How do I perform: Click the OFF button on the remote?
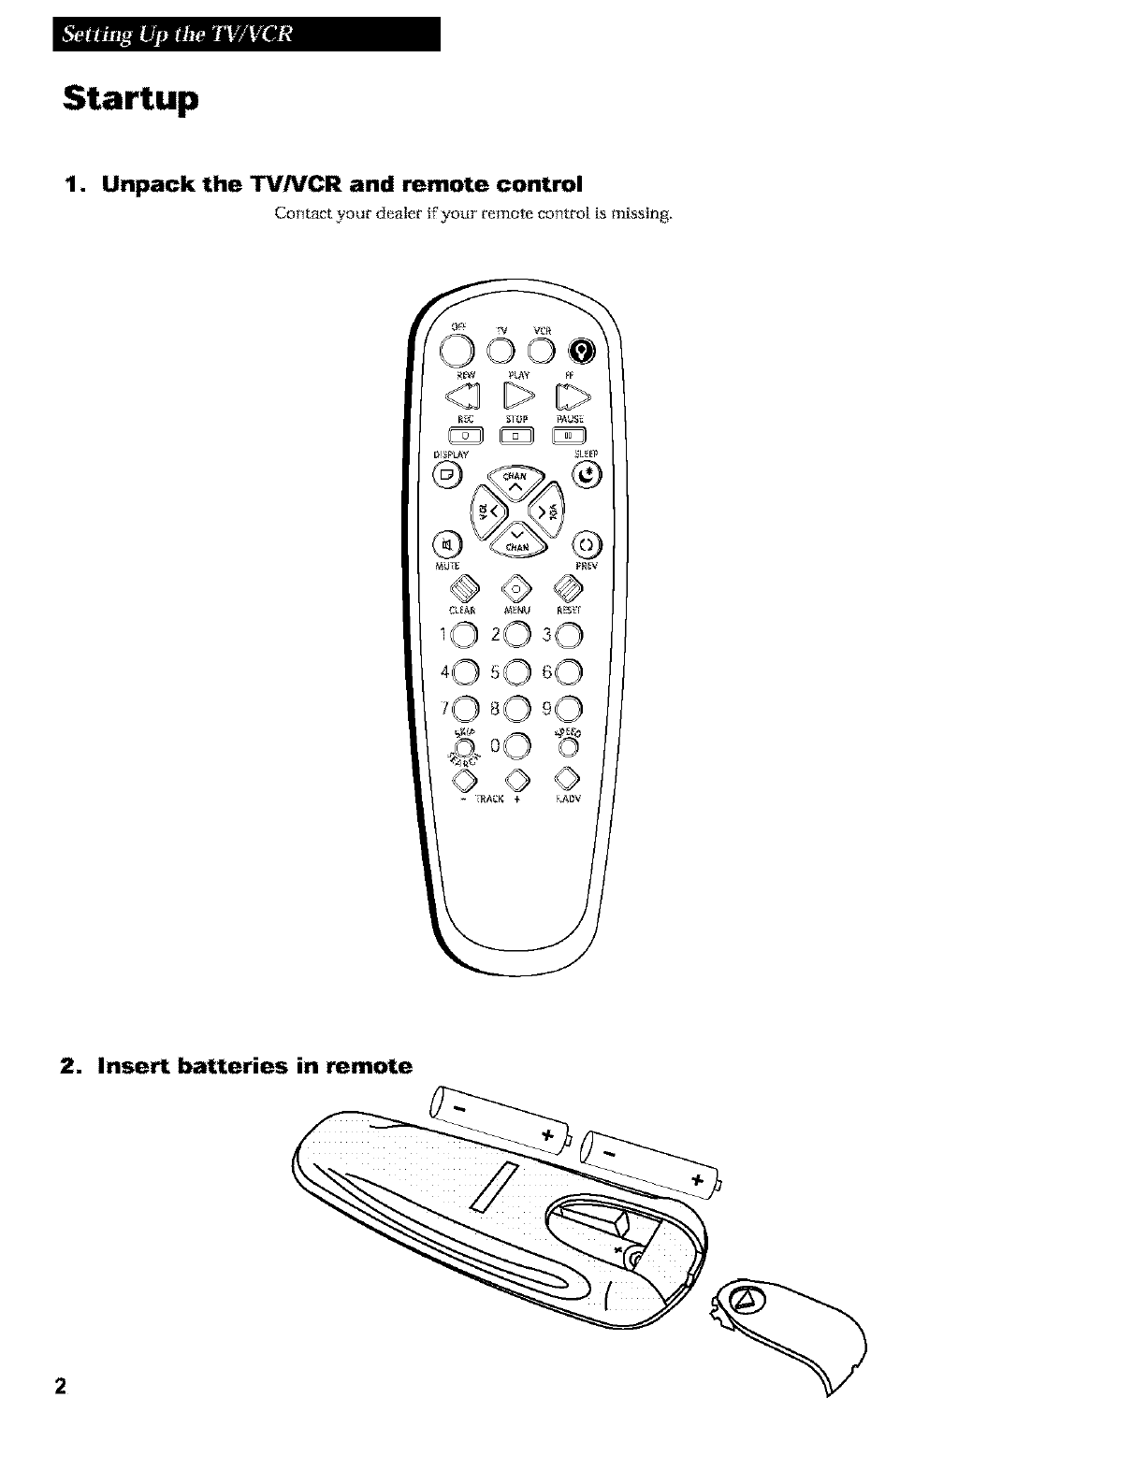pos(457,350)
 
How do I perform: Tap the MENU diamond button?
pos(515,588)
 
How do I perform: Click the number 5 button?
pos(517,670)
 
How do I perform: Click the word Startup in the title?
pos(130,99)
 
